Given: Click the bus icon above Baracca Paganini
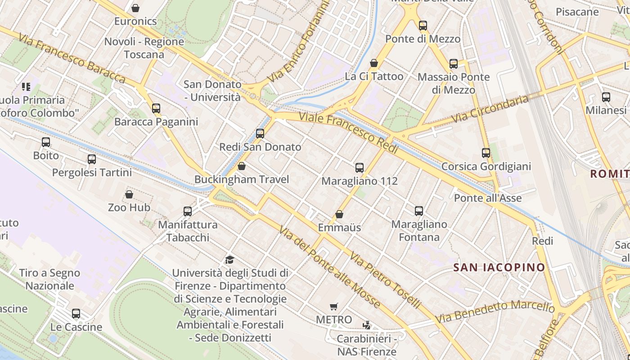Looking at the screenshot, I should click(156, 108).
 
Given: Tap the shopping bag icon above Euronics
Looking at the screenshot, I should click(135, 8).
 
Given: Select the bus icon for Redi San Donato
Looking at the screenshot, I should click(260, 134).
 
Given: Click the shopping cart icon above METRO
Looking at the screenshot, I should click(334, 307).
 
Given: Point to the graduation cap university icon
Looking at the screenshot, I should click(230, 260).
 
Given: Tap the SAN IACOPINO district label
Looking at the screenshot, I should click(499, 267).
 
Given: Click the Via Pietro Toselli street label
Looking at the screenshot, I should click(385, 280).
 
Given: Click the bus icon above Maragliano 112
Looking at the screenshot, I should click(360, 168).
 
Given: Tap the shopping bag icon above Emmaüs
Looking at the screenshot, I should click(339, 214).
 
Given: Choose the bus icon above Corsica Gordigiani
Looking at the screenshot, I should click(486, 153).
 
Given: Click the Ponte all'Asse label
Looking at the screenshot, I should click(488, 198).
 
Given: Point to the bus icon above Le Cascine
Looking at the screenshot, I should click(76, 314).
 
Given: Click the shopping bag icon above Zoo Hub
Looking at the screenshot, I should click(129, 194).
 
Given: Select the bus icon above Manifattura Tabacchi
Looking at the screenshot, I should click(188, 211).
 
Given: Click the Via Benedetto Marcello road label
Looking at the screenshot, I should click(495, 311).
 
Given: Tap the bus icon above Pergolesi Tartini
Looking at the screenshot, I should click(92, 159).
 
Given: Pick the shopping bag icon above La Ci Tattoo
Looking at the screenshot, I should click(374, 63).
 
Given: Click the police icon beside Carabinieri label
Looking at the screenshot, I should click(367, 325).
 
